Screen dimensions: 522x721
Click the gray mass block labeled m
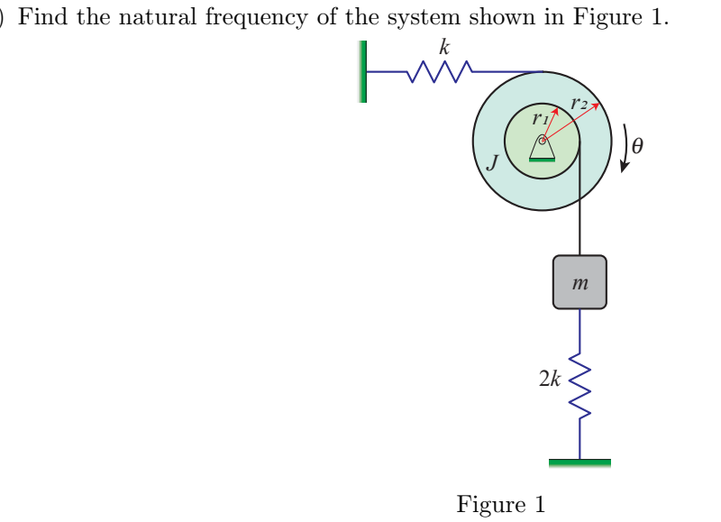[580, 282]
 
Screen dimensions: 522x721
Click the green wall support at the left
[363, 71]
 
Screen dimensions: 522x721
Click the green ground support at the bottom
[580, 462]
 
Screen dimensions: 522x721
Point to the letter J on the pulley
[492, 162]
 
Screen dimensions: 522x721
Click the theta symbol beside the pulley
[639, 144]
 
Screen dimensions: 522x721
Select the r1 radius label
[539, 116]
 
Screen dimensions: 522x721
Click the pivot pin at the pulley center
[542, 140]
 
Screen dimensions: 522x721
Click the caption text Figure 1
[500, 503]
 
